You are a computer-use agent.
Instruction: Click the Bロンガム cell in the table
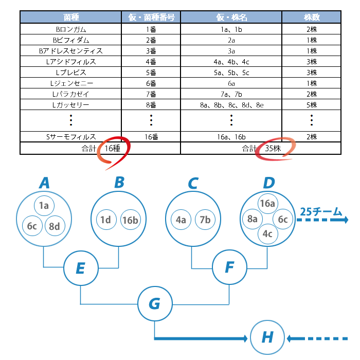pos(71,29)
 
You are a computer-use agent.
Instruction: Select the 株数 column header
pos(311,17)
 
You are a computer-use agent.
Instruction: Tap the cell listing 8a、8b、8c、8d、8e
pos(231,105)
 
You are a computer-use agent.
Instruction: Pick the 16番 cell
pos(151,137)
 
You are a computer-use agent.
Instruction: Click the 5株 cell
pos(311,105)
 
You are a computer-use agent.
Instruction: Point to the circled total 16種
pos(112,148)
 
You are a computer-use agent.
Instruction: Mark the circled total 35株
pos(273,148)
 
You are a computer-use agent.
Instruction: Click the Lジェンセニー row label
pos(71,83)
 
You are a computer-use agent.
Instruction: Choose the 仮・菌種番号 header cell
pos(151,17)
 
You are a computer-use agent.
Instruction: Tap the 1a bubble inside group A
pos(44,206)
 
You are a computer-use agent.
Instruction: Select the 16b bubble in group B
pos(131,220)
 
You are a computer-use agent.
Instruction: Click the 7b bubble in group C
pos(205,220)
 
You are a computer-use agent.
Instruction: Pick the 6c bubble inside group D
pos(283,219)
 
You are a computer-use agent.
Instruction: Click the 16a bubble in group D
pos(267,204)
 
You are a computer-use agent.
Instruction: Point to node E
pos(81,268)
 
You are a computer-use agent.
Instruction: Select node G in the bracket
pos(155,303)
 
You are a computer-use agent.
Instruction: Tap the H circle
pos(267,337)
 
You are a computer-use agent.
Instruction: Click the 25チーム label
pos(321,212)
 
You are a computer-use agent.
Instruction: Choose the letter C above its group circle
pos(193,183)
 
